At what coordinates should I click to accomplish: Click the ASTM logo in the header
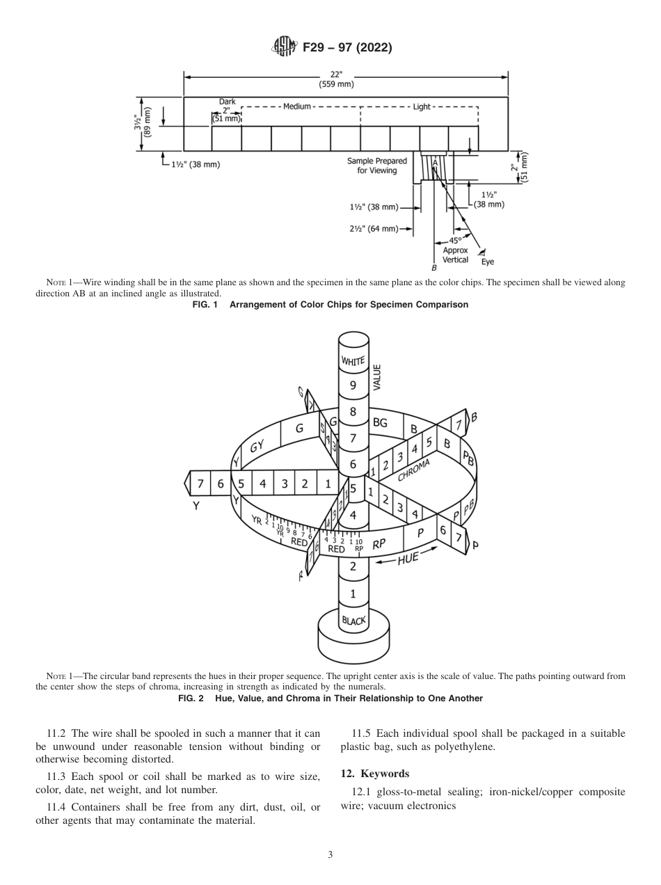click(285, 47)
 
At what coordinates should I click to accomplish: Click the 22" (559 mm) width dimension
click(336, 80)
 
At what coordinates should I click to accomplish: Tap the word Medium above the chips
click(297, 106)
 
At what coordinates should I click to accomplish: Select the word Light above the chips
click(422, 106)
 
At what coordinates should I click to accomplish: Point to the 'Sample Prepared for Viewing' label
click(377, 166)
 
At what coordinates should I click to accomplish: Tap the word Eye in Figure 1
click(488, 262)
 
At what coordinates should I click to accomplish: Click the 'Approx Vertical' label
click(456, 255)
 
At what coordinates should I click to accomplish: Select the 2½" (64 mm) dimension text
click(374, 228)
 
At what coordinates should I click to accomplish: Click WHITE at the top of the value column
click(353, 360)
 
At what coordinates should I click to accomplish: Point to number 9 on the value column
click(353, 385)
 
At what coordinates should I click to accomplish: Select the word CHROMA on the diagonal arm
click(414, 470)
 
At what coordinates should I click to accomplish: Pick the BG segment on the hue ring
click(380, 422)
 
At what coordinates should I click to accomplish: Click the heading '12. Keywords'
click(374, 774)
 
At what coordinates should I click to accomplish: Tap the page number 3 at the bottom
click(330, 854)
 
